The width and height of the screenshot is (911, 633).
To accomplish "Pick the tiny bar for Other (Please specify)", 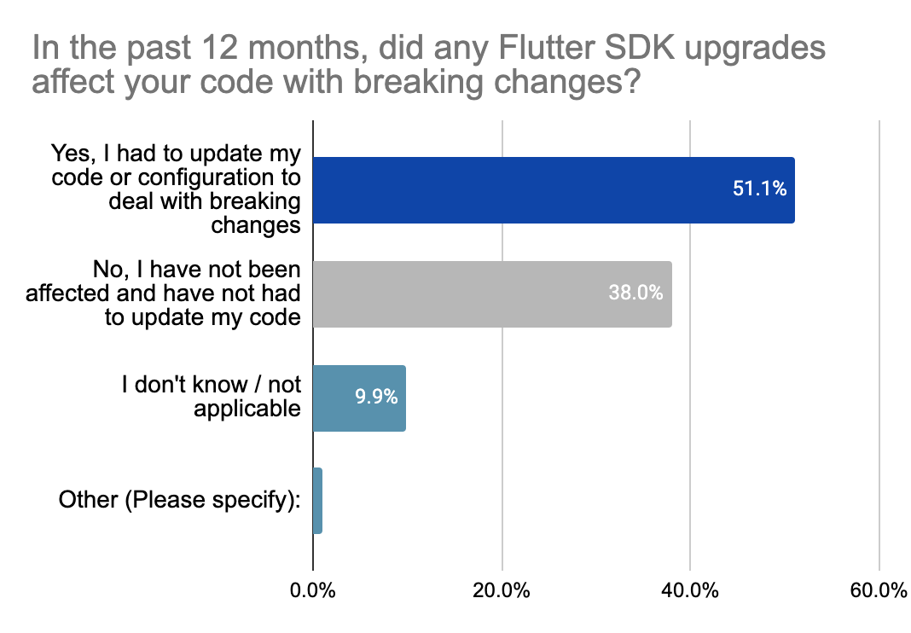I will (x=317, y=501).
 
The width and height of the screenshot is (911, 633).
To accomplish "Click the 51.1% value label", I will (x=758, y=189).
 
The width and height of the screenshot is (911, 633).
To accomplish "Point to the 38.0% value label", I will (x=635, y=293).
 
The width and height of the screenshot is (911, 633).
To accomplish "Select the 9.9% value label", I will (x=376, y=398).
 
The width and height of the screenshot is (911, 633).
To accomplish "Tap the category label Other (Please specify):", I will (x=180, y=501).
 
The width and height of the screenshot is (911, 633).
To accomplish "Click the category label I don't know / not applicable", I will (x=212, y=397).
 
